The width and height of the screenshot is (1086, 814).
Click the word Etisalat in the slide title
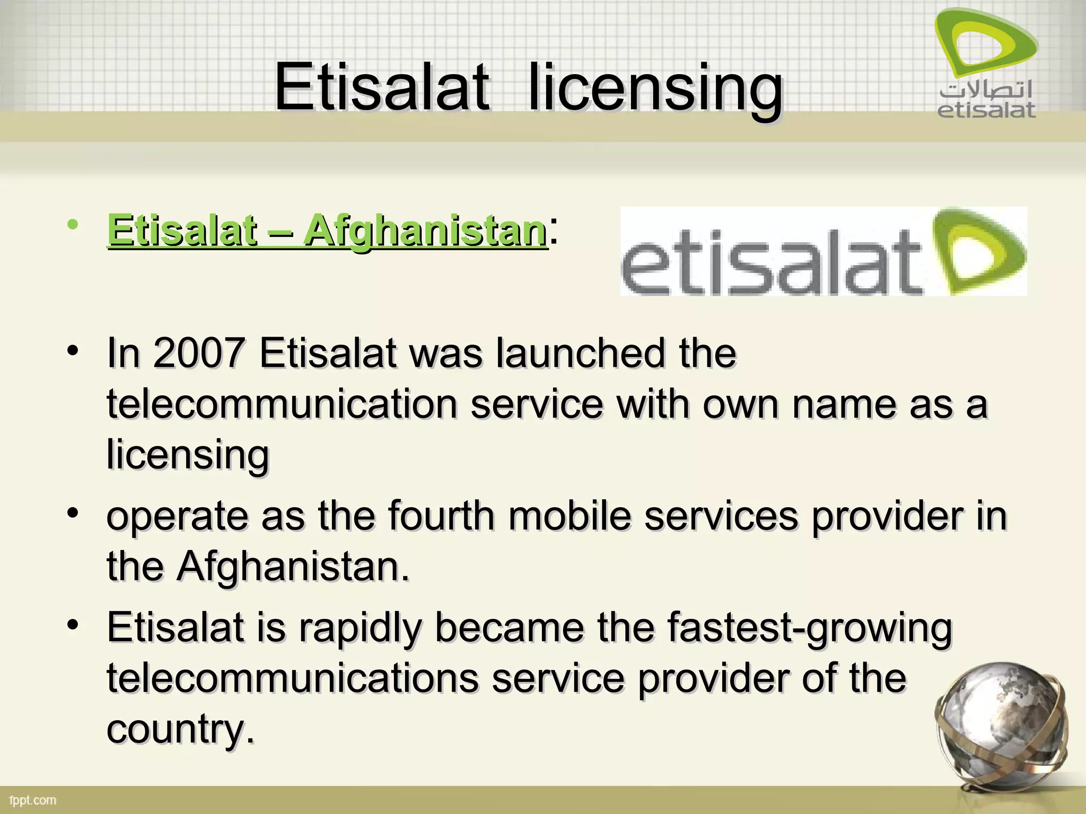(382, 87)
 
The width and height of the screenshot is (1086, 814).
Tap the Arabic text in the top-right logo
(986, 91)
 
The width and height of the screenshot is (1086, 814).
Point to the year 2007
(199, 353)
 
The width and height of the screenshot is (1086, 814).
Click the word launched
(580, 353)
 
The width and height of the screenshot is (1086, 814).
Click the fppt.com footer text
(33, 800)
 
